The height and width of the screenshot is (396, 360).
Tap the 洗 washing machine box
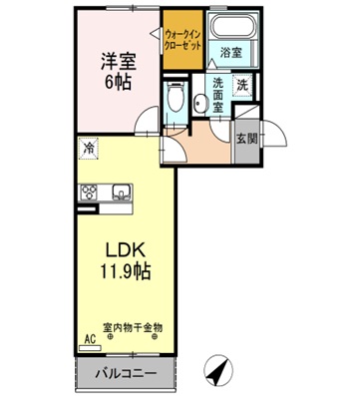pos(242,86)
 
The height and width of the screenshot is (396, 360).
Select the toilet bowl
pos(177,100)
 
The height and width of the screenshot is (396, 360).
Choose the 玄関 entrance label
pos(246,139)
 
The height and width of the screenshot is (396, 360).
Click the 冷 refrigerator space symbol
pos(89,149)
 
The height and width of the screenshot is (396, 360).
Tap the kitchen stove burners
pos(89,194)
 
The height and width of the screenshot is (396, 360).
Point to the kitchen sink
pos(121,192)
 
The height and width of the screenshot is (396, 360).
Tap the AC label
pos(90,339)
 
